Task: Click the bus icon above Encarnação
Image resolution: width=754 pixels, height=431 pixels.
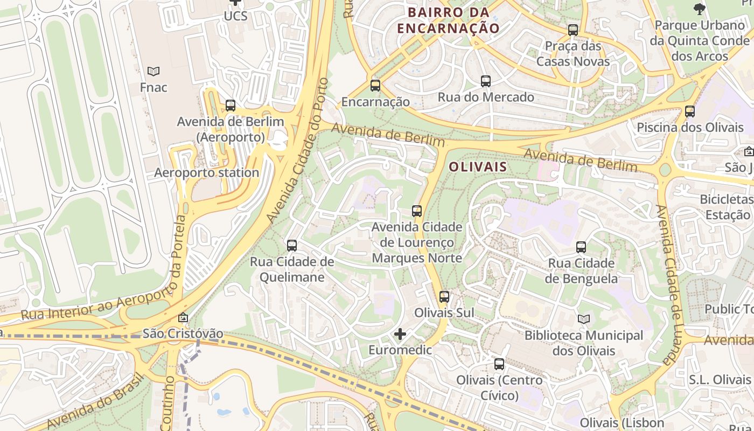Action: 375,85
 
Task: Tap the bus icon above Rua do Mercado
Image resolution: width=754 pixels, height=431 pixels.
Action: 486,81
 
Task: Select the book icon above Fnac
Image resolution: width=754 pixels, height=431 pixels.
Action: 153,71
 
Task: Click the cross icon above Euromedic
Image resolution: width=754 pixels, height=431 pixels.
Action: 400,334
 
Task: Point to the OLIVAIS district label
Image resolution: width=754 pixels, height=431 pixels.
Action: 478,166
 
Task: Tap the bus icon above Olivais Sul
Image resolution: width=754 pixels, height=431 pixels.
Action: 444,296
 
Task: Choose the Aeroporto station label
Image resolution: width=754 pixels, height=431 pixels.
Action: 207,173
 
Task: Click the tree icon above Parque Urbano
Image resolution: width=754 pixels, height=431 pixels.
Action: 700,9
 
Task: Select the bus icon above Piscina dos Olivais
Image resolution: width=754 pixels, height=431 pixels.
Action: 690,112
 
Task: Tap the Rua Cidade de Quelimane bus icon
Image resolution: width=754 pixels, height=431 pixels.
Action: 292,246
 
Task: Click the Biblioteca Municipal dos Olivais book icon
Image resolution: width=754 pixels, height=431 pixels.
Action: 584,319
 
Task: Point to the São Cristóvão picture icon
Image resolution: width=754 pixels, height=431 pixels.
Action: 183,318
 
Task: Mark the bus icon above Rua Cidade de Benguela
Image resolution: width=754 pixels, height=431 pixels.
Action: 581,247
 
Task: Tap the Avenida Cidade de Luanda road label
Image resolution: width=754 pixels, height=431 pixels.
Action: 667,286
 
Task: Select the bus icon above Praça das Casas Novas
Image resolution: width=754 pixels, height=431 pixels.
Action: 573,30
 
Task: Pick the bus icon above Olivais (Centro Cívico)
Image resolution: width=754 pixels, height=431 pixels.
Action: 499,364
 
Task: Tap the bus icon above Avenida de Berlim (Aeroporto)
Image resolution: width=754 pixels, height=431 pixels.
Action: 231,106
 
